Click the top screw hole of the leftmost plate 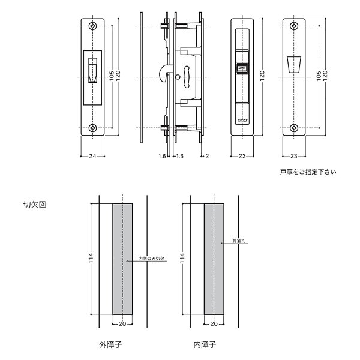coord(93,26)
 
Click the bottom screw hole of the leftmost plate coord(93,127)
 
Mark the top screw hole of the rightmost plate coord(294,26)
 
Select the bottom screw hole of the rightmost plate coord(294,127)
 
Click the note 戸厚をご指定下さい coord(308,172)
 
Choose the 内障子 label coord(204,345)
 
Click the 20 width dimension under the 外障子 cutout coord(122,324)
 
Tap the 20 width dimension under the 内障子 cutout coord(215,324)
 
